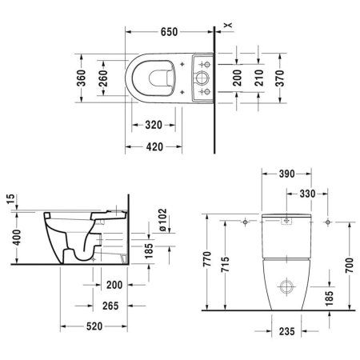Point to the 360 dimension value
[x=80, y=78]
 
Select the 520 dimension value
[x=97, y=327]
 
